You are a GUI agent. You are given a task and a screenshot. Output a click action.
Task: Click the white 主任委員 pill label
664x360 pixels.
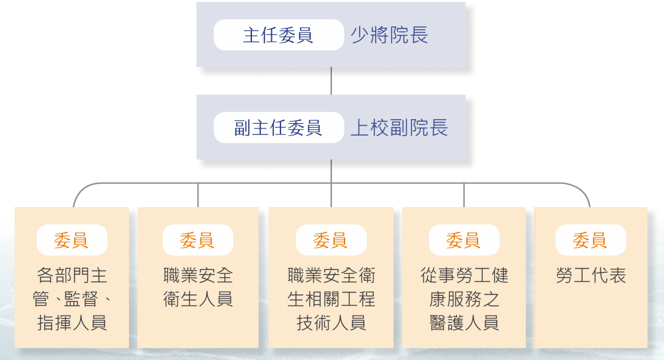point(278,35)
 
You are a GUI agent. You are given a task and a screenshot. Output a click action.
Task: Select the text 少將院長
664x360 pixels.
point(390,35)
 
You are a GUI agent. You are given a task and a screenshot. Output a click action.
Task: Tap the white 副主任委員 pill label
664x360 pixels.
point(278,128)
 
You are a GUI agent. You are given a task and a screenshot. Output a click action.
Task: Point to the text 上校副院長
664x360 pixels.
point(399,128)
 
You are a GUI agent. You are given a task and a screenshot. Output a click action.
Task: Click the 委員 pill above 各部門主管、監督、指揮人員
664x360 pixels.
point(71,240)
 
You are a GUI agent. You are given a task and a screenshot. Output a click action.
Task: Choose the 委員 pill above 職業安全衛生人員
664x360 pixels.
point(198,240)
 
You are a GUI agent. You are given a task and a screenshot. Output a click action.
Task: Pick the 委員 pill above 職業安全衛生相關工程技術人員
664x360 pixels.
point(331,240)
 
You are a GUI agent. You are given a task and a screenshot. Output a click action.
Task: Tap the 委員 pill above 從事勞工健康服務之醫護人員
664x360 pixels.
point(464,240)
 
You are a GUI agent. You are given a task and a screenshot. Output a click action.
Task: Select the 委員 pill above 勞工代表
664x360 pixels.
point(590,240)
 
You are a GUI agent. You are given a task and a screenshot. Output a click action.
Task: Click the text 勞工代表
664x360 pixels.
point(591,275)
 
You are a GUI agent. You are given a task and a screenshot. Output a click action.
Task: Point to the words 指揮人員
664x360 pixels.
point(72,323)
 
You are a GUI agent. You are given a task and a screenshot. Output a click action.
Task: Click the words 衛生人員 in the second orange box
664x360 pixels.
point(198,299)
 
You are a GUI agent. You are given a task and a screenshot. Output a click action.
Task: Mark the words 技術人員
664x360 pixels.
point(331,323)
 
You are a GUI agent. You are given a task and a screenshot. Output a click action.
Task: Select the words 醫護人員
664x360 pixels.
point(464,323)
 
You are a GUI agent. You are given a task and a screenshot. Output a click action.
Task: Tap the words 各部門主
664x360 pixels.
point(72,275)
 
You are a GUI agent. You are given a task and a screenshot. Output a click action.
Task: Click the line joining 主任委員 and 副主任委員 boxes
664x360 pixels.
point(331,81)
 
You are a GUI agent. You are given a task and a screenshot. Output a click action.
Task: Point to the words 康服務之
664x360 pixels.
point(464,299)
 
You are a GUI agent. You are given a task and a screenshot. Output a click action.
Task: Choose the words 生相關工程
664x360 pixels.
point(331,299)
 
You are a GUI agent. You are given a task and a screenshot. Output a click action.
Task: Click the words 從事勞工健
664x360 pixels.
point(464,275)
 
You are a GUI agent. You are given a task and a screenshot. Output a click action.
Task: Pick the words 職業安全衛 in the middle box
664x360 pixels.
point(331,275)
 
